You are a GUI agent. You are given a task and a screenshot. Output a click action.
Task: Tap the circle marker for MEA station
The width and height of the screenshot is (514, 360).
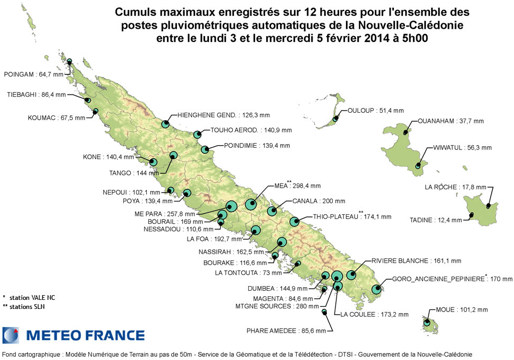(x=251, y=203)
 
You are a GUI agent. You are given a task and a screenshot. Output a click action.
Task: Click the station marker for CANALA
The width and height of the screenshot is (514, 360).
(x=272, y=211)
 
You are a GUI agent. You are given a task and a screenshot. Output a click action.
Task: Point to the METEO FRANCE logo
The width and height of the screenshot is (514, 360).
(x=74, y=335)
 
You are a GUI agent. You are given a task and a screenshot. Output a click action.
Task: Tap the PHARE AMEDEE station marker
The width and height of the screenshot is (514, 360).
(x=324, y=311)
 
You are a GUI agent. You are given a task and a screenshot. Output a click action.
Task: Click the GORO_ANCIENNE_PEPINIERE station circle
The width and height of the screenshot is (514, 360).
(x=377, y=289)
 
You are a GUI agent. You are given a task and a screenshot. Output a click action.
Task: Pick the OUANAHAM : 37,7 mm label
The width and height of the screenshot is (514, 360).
(x=451, y=121)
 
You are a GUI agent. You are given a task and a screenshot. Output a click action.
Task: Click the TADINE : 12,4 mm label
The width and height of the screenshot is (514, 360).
(x=436, y=220)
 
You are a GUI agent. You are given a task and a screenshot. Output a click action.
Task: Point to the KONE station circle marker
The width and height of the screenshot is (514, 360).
(x=154, y=162)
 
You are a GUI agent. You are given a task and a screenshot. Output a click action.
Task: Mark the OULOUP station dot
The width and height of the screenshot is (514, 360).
(x=335, y=120)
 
